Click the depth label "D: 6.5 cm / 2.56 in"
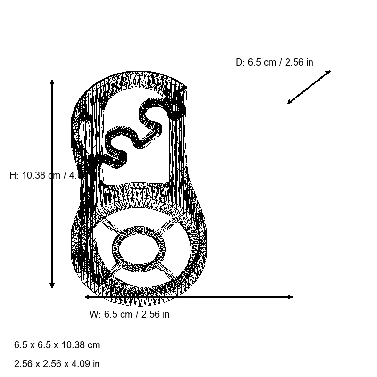point(274,62)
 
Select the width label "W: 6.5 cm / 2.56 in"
point(130,314)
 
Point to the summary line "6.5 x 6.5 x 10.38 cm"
point(57,345)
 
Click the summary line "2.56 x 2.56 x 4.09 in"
point(57,364)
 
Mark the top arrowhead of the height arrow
point(52,82)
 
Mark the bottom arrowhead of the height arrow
point(52,286)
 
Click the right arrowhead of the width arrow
point(290,297)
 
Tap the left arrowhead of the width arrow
point(87,297)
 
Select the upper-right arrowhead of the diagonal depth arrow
point(328,72)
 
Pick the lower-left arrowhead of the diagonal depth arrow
point(289,102)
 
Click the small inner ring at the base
point(139,250)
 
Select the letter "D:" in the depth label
point(240,62)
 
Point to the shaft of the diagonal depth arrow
point(309,87)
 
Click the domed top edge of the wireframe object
point(137,74)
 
